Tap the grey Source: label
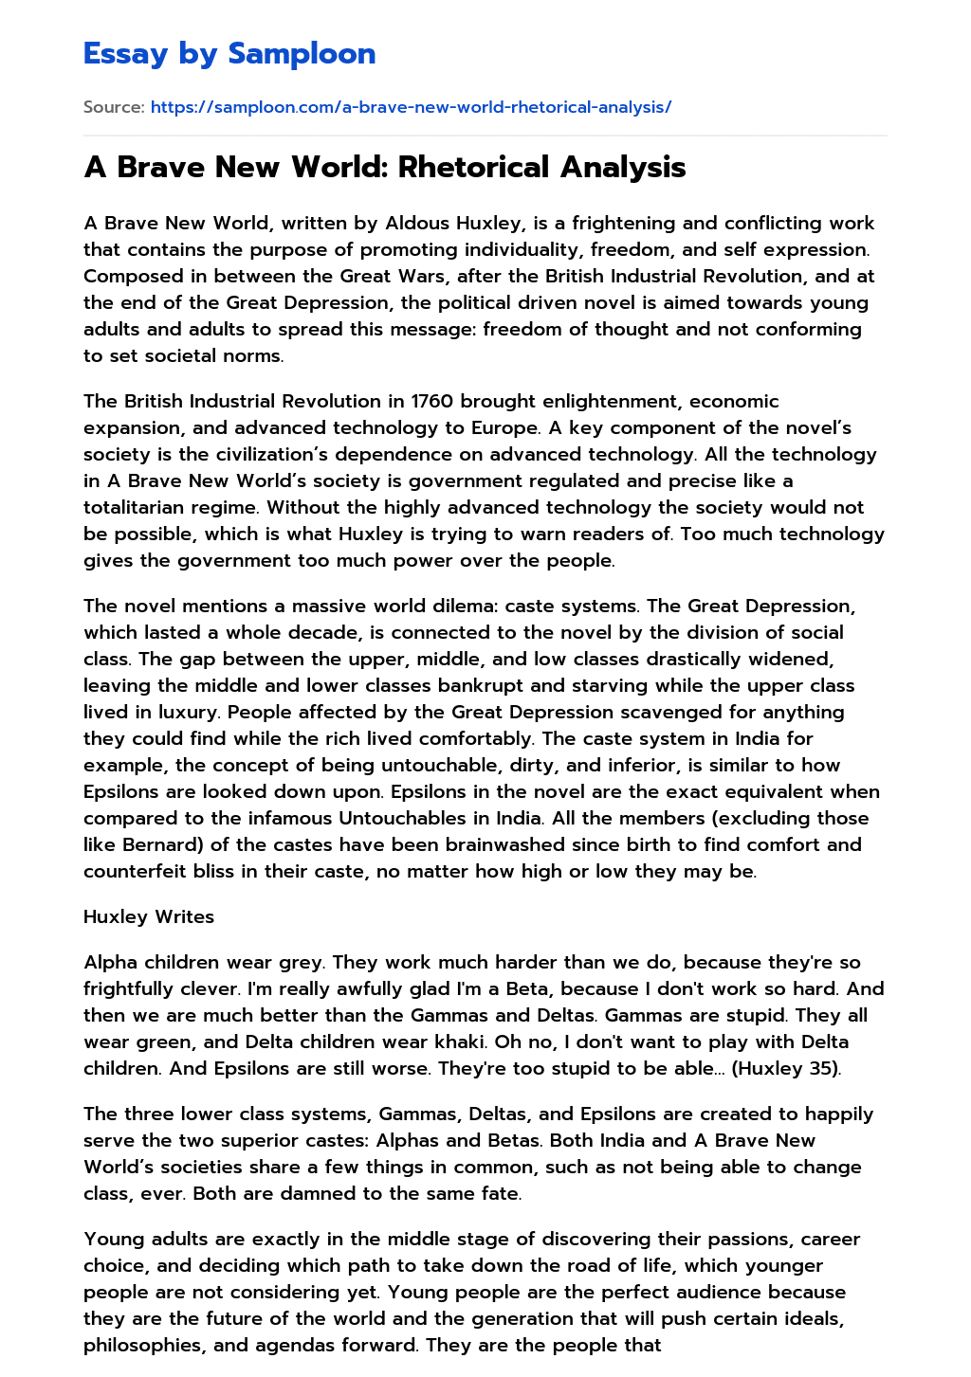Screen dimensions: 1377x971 click(x=114, y=107)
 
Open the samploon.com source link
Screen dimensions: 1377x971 click(x=411, y=107)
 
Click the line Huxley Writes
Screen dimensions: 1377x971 click(x=149, y=917)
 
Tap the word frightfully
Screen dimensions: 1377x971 click(x=143, y=989)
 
